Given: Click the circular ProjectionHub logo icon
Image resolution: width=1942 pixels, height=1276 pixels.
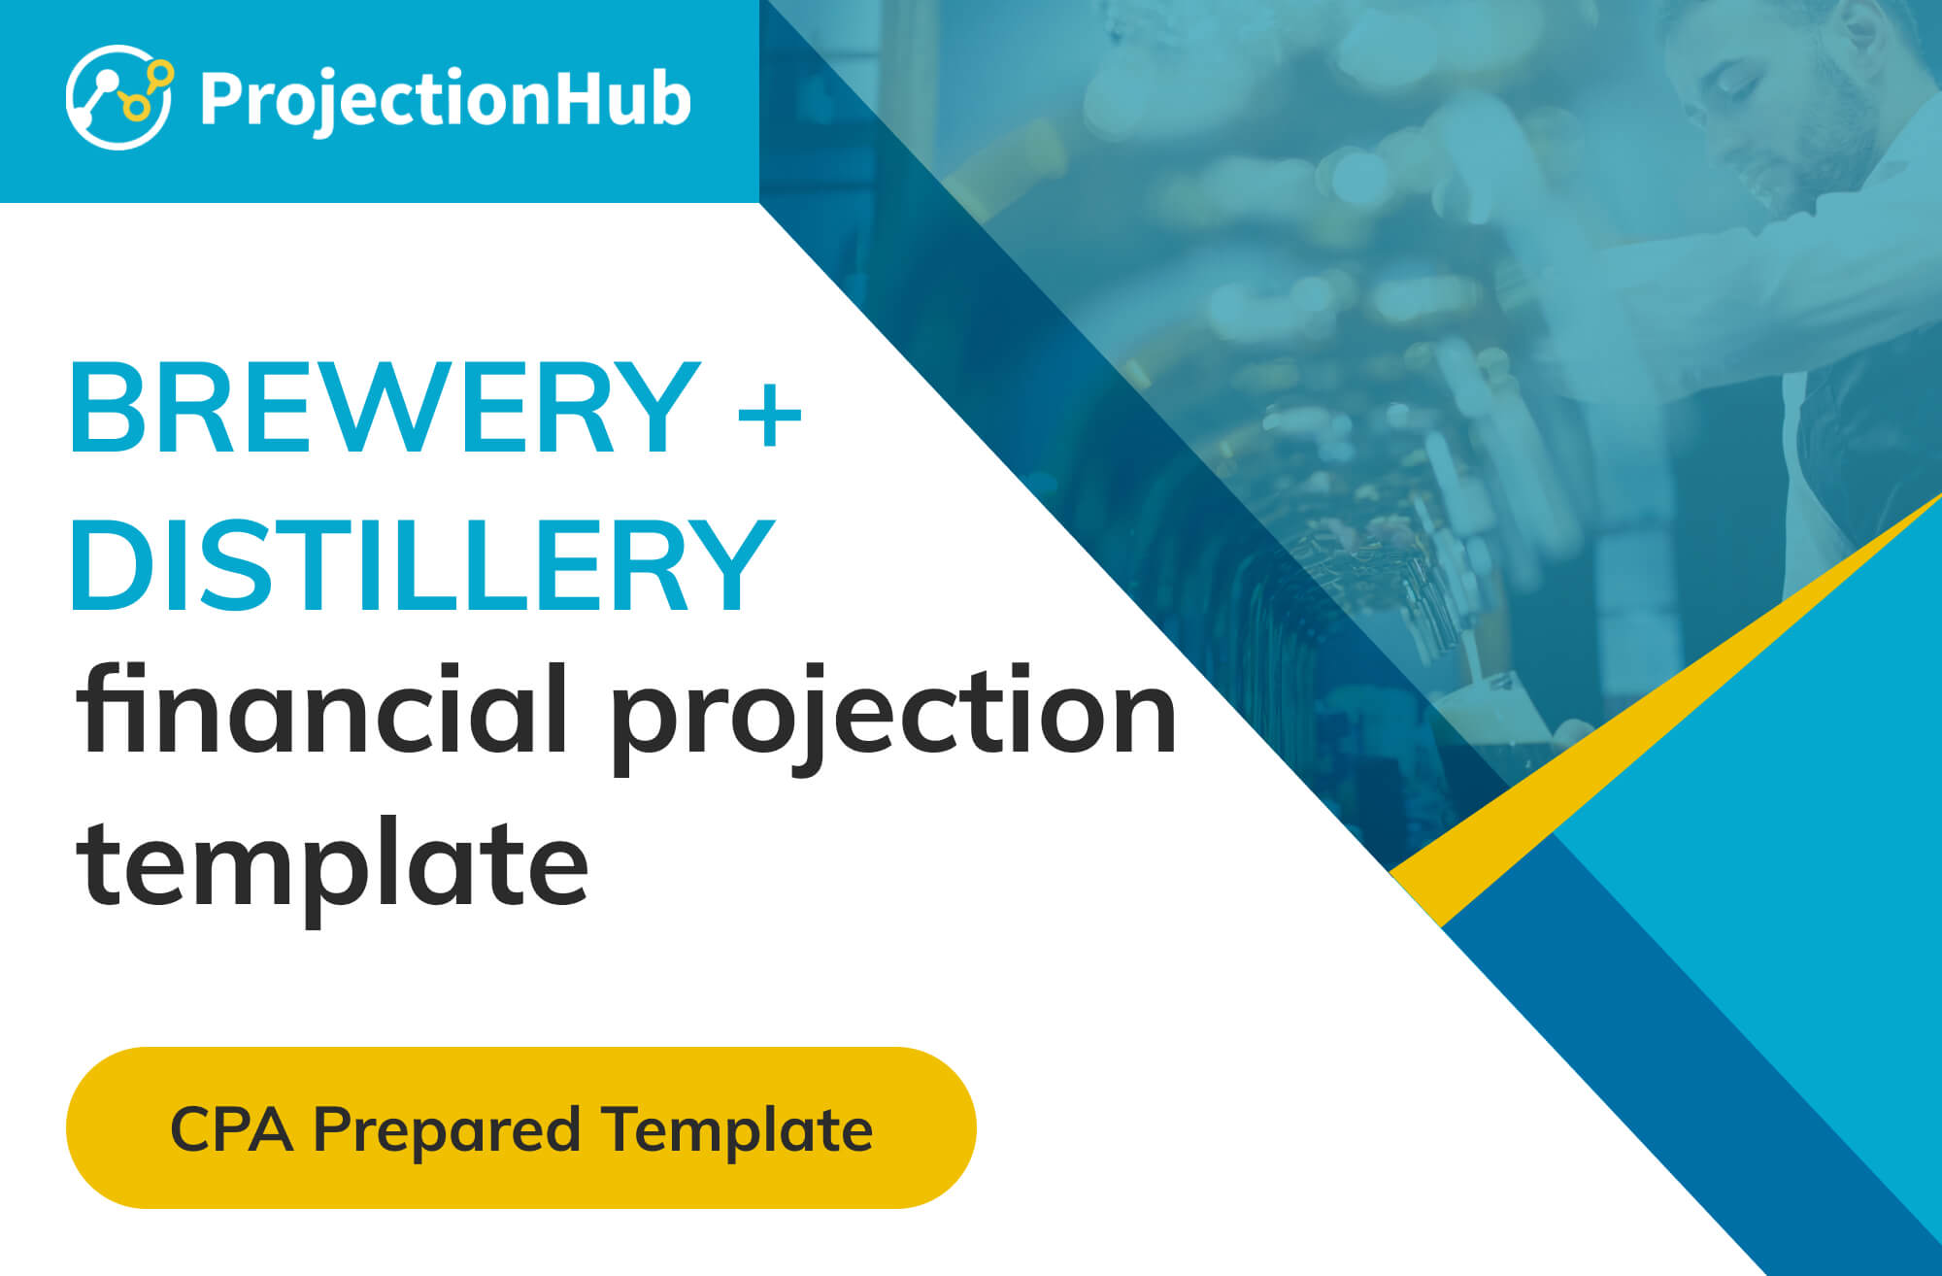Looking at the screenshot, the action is pyautogui.click(x=119, y=97).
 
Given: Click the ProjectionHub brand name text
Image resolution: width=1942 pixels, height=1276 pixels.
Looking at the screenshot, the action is pyautogui.click(x=446, y=100).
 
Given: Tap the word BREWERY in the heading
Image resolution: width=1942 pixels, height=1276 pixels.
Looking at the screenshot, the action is pyautogui.click(x=385, y=407).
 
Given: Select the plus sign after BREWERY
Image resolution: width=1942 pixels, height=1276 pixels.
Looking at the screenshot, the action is pyautogui.click(x=769, y=413).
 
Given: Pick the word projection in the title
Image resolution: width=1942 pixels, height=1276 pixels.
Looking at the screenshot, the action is pyautogui.click(x=894, y=720).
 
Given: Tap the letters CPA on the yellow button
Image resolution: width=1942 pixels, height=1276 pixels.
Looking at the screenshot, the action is pyautogui.click(x=232, y=1129).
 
